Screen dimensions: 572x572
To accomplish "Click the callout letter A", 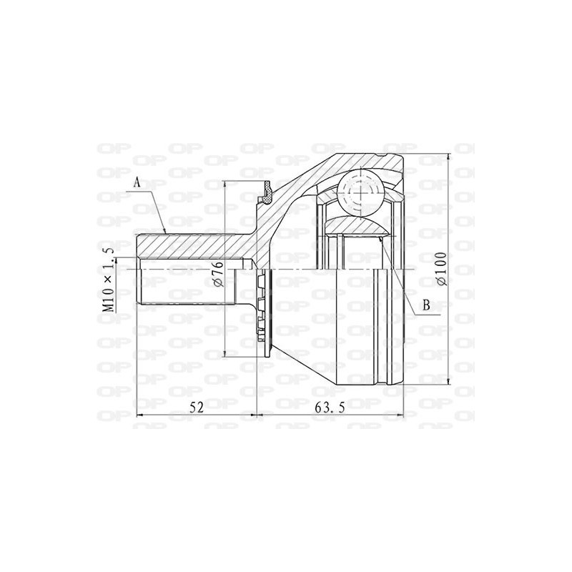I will tap(138, 183).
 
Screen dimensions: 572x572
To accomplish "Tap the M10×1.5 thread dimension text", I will tap(109, 278).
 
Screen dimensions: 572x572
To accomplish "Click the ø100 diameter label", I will tap(443, 269).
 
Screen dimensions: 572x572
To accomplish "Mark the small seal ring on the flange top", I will tap(267, 189).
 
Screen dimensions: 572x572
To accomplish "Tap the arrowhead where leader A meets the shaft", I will tap(167, 232).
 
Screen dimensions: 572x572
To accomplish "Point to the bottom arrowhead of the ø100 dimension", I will tap(448, 380).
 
